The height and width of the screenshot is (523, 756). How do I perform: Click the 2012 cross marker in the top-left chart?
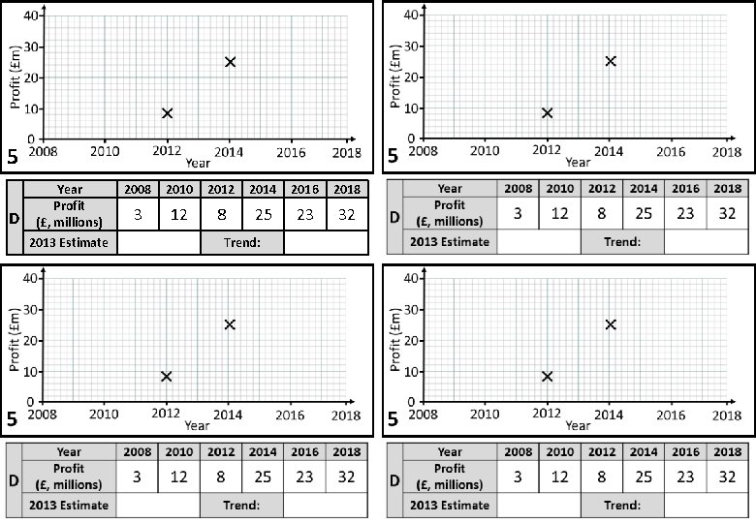pyautogui.click(x=167, y=113)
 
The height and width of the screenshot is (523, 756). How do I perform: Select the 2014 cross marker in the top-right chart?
pyautogui.click(x=611, y=61)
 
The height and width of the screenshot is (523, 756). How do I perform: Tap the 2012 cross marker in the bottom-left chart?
pyautogui.click(x=167, y=376)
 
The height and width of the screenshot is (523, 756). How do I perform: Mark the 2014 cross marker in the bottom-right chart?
pyautogui.click(x=611, y=323)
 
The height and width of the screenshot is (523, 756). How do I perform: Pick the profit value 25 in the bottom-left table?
pyautogui.click(x=263, y=477)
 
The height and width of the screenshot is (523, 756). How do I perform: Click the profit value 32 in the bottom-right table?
pyautogui.click(x=727, y=477)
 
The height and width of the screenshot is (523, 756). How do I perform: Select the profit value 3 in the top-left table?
pyautogui.click(x=138, y=215)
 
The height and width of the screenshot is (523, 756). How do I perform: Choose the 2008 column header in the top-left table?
pyautogui.click(x=138, y=189)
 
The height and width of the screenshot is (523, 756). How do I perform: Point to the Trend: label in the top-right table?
pyautogui.click(x=622, y=241)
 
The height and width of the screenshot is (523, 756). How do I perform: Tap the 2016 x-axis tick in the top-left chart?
pyautogui.click(x=291, y=152)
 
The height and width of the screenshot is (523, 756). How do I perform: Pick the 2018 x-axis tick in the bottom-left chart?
pyautogui.click(x=346, y=415)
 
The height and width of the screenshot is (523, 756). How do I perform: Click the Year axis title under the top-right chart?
pyautogui.click(x=578, y=162)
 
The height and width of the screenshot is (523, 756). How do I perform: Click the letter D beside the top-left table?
pyautogui.click(x=14, y=217)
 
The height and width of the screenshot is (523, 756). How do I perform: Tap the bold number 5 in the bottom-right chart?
pyautogui.click(x=393, y=420)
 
